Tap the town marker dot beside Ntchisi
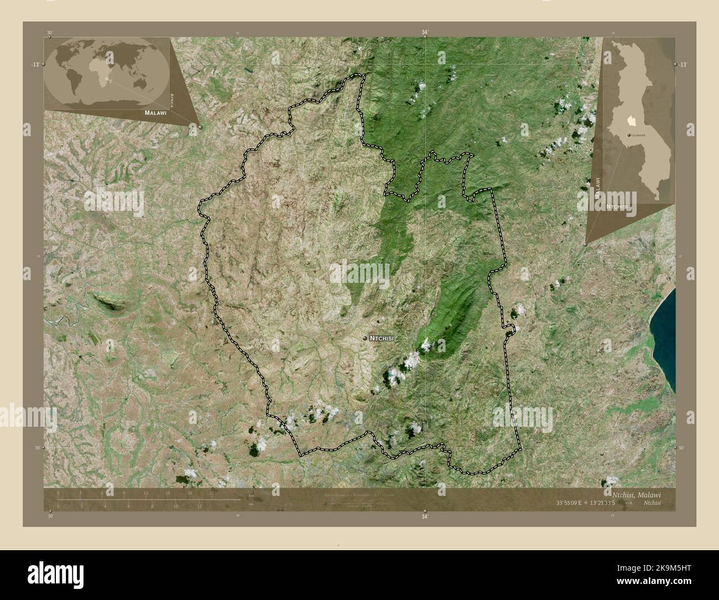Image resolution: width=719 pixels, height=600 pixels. pos(365,337)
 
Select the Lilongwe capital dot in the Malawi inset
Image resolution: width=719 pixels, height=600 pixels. pos(629,135)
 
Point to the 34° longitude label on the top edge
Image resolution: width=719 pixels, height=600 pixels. pos(424,33)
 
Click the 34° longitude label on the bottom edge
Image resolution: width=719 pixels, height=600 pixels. pos(424,517)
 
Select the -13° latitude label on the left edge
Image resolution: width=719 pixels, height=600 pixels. pos(35,65)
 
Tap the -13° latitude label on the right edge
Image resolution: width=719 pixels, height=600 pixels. pos(683,65)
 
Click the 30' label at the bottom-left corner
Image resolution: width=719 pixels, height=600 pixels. pos(50,516)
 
